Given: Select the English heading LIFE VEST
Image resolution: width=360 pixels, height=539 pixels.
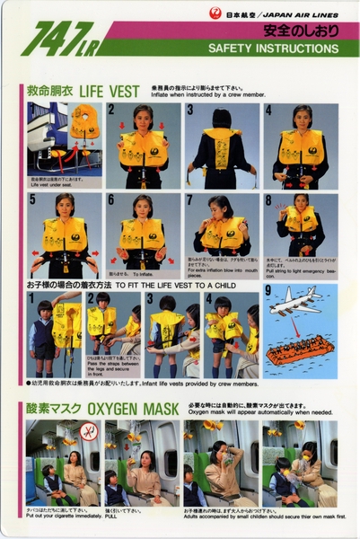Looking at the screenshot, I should coord(110,92).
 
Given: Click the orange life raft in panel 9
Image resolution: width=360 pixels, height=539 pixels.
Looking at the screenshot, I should coord(300,349).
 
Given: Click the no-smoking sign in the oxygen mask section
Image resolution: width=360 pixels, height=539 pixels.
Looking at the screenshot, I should coord(87,430).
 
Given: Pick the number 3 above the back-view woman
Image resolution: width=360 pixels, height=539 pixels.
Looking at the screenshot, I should coord(190,110).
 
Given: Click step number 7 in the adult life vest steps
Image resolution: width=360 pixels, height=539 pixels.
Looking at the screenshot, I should coord(190,199).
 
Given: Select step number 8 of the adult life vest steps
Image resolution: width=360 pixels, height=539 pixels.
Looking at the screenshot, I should coord(268,199).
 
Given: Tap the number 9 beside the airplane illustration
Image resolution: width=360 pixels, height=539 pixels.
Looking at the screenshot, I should coord(268,291).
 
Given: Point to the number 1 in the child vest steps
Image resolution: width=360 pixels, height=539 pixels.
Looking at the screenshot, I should coord(31,297).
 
